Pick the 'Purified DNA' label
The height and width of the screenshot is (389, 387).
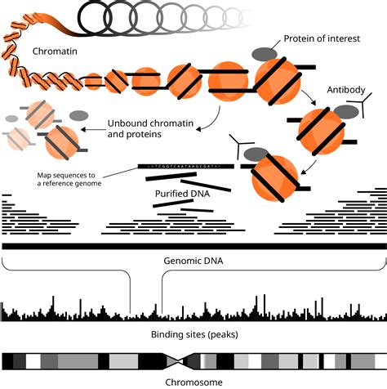coord(184,194)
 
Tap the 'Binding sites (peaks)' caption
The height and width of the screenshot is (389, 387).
coord(193,335)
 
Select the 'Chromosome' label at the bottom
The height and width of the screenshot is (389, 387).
coord(193,381)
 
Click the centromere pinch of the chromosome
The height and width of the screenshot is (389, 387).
coord(182,360)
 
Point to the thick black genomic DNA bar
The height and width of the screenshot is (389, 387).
coord(193,246)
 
